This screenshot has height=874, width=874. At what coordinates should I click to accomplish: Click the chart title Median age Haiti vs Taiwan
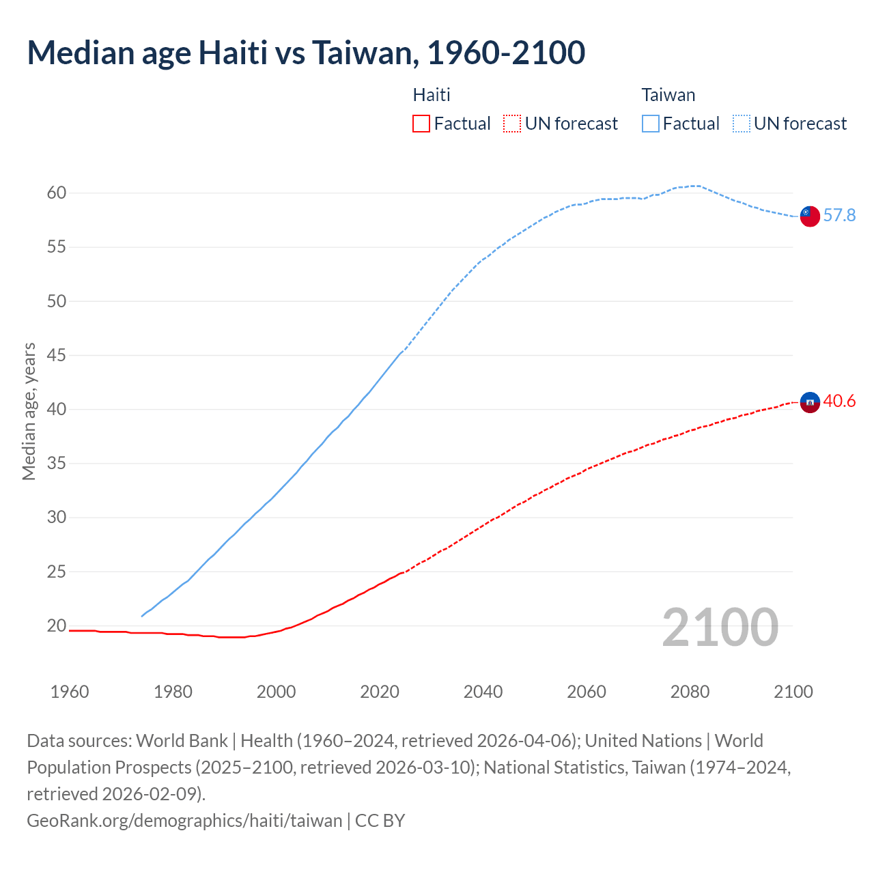coord(306,53)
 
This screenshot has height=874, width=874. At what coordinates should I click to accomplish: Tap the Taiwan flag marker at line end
coord(809,216)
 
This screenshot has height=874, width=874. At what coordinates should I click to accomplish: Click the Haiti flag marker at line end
coord(809,403)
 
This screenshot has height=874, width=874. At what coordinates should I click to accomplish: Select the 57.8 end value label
coord(839,216)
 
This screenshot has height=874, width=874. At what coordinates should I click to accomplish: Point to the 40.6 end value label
coord(839,401)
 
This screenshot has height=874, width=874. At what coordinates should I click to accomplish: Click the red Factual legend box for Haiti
coord(421,124)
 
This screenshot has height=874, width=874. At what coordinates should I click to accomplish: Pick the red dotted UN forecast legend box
coord(512,124)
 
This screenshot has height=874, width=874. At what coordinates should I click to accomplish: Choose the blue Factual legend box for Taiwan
coord(651,124)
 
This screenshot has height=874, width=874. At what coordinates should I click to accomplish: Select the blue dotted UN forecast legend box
coord(742,124)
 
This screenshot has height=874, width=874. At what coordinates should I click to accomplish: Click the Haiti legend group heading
coord(432,95)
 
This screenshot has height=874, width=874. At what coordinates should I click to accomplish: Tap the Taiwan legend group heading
coord(668,95)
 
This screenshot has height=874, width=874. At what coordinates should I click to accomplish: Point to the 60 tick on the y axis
coord(57,193)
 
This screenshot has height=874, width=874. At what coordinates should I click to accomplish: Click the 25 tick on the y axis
coord(57,572)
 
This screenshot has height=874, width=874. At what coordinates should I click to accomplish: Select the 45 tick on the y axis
coord(57,355)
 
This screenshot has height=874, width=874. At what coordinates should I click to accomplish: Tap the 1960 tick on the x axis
coord(70,692)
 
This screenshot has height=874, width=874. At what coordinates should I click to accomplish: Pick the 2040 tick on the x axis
coord(483,692)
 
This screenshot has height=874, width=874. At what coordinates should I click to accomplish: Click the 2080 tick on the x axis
coord(690,692)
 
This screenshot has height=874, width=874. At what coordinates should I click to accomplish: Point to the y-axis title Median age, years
coord(29,412)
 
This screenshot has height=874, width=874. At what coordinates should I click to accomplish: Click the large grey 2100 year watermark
coord(720,628)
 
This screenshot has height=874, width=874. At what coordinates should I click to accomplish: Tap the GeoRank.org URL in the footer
coord(184,820)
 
